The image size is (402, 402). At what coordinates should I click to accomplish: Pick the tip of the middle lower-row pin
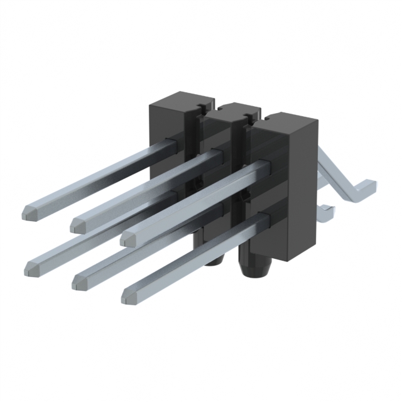click(x=80, y=283)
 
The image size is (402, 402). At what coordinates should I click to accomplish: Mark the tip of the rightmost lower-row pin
click(x=129, y=296)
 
